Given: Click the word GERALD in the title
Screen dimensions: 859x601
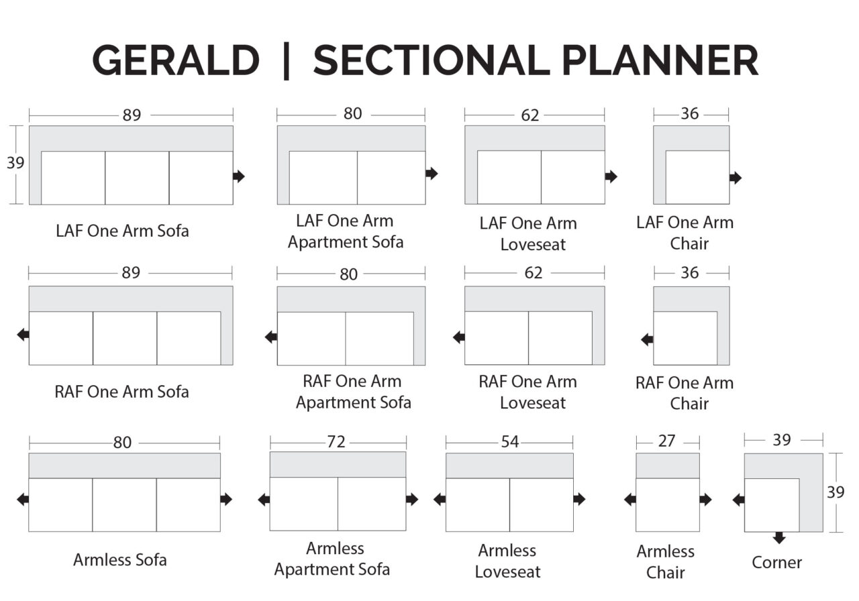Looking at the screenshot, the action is pyautogui.click(x=176, y=60).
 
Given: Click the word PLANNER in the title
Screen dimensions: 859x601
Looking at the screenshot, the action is pyautogui.click(x=660, y=60).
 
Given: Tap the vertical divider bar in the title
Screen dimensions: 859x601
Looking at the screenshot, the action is pyautogui.click(x=286, y=61).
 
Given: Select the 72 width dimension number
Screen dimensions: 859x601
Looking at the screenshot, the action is pyautogui.click(x=336, y=442).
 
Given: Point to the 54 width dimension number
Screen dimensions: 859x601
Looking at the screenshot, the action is pyautogui.click(x=510, y=442).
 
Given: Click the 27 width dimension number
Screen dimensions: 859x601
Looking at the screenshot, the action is pyautogui.click(x=666, y=441).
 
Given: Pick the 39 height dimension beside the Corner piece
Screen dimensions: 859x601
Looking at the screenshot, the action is pyautogui.click(x=836, y=492).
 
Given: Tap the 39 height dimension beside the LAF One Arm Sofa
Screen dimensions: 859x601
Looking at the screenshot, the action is pyautogui.click(x=15, y=163).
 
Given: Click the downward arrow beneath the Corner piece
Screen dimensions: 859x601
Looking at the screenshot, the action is pyautogui.click(x=779, y=537).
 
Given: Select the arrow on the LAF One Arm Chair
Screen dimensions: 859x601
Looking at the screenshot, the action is pyautogui.click(x=736, y=178).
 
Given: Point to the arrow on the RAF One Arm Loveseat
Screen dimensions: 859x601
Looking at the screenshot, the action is pyautogui.click(x=458, y=337).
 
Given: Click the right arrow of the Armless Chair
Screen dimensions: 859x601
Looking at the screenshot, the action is pyautogui.click(x=705, y=500).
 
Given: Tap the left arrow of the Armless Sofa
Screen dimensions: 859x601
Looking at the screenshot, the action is pyautogui.click(x=23, y=500).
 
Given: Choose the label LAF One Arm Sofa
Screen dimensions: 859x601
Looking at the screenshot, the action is pyautogui.click(x=122, y=231).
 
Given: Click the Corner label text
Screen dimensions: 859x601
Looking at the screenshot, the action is pyautogui.click(x=776, y=562).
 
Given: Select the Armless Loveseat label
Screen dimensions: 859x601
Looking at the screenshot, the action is pyautogui.click(x=507, y=561).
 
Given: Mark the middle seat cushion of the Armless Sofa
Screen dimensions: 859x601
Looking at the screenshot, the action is pyautogui.click(x=124, y=505).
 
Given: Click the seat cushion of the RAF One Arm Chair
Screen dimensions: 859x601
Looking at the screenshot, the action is pyautogui.click(x=685, y=338).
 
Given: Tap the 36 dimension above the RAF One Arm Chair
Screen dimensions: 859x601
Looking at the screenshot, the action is pyautogui.click(x=689, y=273).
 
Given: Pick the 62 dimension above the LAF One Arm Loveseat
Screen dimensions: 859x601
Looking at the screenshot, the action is pyautogui.click(x=530, y=115).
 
